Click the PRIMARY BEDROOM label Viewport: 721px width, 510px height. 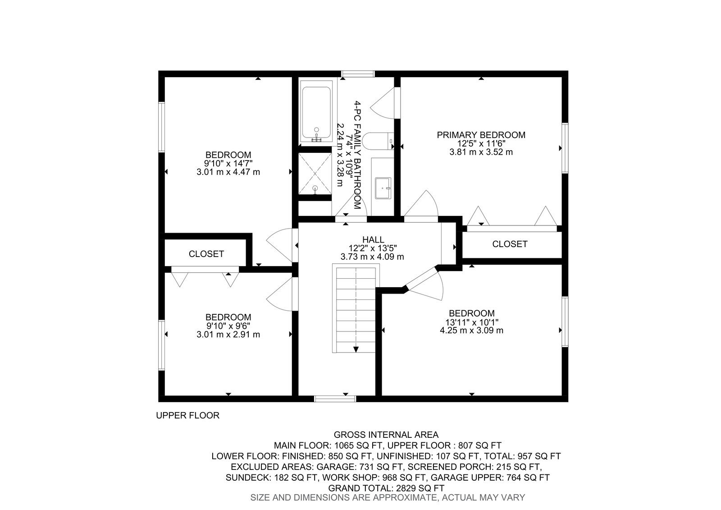(x=481, y=135)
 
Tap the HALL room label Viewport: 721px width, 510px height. (x=373, y=239)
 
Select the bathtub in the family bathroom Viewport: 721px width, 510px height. (x=316, y=113)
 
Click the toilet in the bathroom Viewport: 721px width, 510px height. (x=380, y=141)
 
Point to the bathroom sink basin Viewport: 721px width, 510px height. (x=383, y=187)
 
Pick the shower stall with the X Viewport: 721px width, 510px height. (x=315, y=174)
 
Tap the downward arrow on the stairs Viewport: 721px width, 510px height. (x=356, y=349)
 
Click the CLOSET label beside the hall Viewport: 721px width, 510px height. (x=510, y=244)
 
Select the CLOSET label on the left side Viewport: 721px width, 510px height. (x=206, y=254)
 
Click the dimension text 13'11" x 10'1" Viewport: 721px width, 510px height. (x=471, y=322)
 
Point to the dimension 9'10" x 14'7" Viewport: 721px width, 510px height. (x=228, y=163)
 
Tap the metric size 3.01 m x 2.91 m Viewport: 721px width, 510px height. (x=228, y=335)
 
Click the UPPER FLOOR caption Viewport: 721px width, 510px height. (x=187, y=415)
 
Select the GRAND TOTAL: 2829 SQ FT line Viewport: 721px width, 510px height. (x=386, y=488)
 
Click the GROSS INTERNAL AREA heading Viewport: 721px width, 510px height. (x=386, y=435)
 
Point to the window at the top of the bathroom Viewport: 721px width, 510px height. (x=358, y=74)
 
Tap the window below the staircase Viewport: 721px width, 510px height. (x=335, y=399)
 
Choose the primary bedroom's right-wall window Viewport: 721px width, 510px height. (x=565, y=147)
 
